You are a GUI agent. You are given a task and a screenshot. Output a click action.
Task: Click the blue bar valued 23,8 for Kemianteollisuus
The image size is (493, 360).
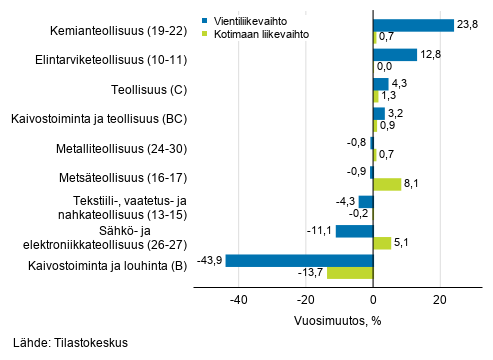pos(413,25)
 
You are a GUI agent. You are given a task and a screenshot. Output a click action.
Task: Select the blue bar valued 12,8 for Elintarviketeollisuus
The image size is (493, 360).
pos(394,54)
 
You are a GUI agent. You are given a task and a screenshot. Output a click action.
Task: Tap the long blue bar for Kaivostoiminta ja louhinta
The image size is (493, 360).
pos(299,260)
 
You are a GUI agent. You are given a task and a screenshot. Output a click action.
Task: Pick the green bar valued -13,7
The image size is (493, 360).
pos(350,272)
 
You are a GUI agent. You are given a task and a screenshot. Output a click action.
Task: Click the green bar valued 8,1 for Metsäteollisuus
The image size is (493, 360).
pos(387,184)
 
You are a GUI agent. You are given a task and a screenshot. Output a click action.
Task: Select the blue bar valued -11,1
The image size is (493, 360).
pos(354,231)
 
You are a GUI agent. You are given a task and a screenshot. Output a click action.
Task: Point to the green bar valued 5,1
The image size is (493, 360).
pos(382,243)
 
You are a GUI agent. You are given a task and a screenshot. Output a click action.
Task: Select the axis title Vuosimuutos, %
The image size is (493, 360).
pos(339,321)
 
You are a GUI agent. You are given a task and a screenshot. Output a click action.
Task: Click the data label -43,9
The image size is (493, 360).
pos(208,260)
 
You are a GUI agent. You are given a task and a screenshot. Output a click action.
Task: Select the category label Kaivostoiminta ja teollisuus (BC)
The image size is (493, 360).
pos(102,120)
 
